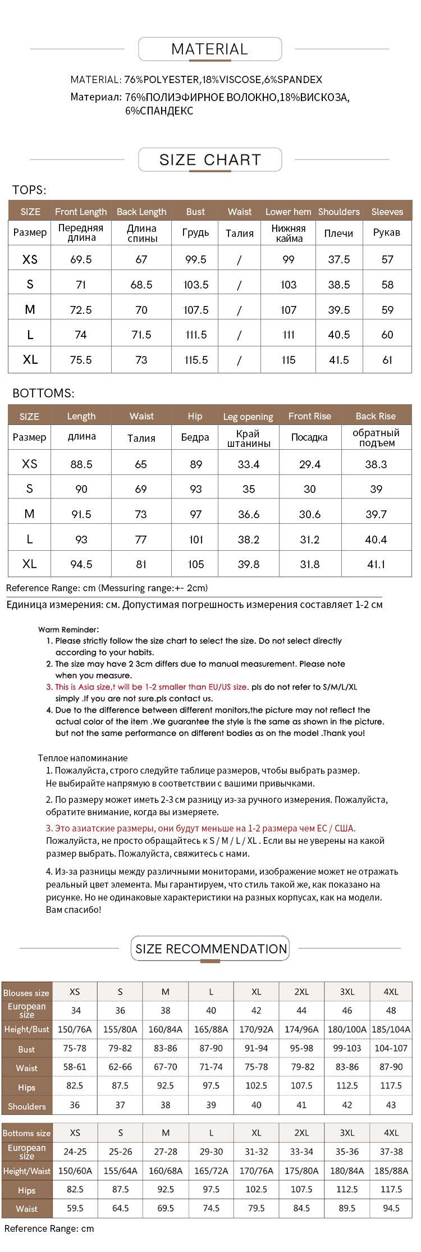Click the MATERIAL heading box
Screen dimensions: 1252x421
[209, 49]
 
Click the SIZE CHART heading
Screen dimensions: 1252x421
[209, 160]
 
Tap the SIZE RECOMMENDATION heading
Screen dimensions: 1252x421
[210, 949]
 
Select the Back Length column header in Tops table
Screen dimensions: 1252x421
[141, 212]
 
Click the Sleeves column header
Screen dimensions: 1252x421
[387, 212]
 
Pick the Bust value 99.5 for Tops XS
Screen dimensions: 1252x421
[196, 259]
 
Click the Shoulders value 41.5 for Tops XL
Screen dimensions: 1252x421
[339, 360]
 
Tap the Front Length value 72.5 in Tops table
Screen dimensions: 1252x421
[81, 310]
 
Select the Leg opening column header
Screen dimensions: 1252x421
[248, 417]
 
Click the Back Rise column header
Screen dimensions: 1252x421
[376, 416]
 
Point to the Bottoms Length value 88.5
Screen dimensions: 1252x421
[81, 464]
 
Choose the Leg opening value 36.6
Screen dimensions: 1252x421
[249, 514]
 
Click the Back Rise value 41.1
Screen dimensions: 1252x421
[376, 564]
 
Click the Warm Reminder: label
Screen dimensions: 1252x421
[68, 629]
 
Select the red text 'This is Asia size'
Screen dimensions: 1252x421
[84, 687]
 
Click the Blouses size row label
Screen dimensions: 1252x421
[26, 993]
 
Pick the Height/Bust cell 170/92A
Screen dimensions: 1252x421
[257, 1029]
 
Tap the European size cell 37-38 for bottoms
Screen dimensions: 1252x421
[391, 1152]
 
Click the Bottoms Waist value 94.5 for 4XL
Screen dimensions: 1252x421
[391, 1208]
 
